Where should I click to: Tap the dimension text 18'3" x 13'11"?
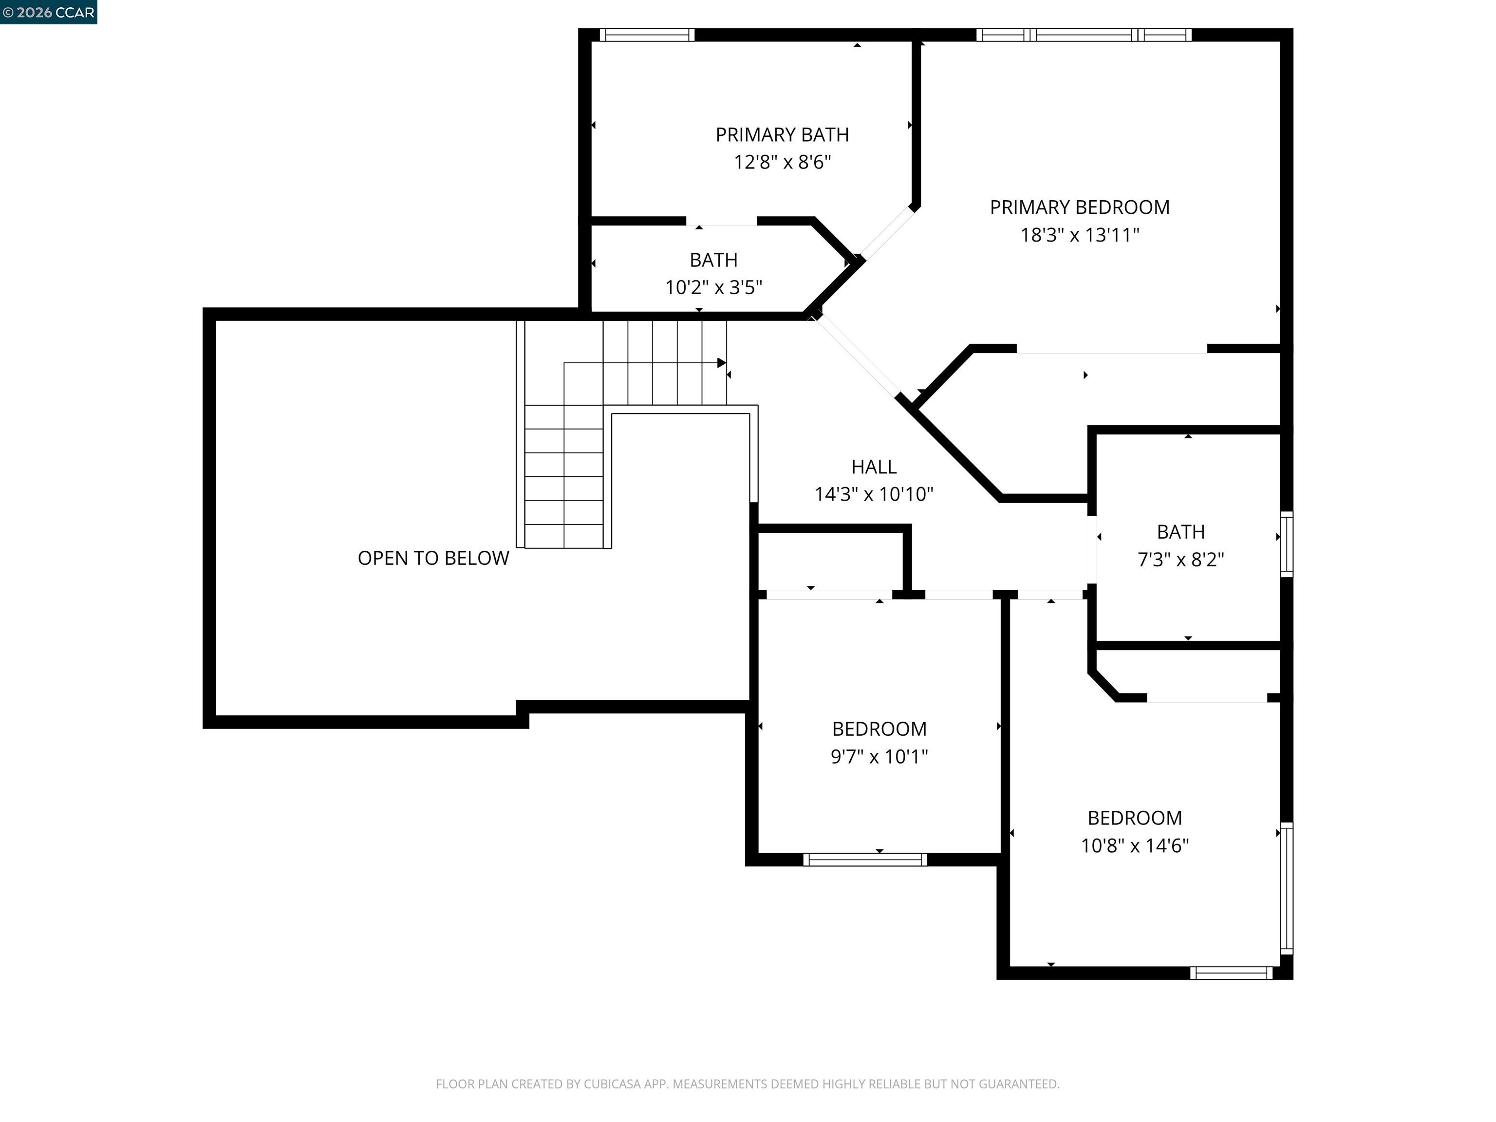click(x=1080, y=235)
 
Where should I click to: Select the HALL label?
click(x=873, y=467)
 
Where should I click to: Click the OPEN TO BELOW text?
click(x=433, y=558)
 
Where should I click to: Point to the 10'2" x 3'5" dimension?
click(x=713, y=287)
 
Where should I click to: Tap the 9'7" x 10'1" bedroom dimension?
click(x=879, y=756)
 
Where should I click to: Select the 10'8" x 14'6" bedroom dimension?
click(x=1134, y=845)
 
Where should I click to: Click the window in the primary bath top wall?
click(x=647, y=35)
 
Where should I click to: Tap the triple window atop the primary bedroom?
click(x=1084, y=35)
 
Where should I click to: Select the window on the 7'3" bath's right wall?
click(x=1286, y=544)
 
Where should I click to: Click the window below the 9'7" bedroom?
click(x=865, y=860)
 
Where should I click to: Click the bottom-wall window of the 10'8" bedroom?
click(x=1231, y=973)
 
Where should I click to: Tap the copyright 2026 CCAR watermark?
click(x=48, y=12)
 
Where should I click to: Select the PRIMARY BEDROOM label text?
click(x=1080, y=207)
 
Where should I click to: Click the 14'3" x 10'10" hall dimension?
click(x=873, y=494)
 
